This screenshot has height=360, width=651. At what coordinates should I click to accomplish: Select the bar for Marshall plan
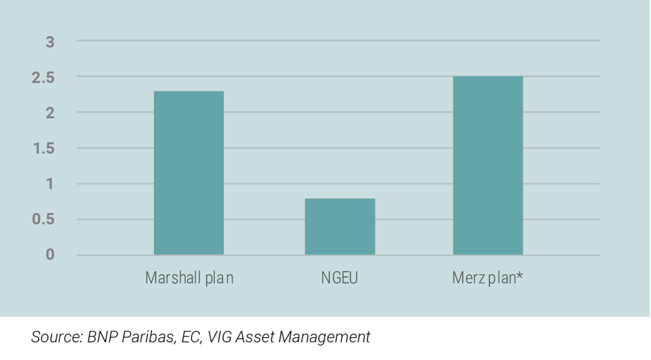pyautogui.click(x=189, y=173)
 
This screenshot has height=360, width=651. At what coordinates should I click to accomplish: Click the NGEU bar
pyautogui.click(x=339, y=226)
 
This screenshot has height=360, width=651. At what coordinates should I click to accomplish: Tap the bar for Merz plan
pyautogui.click(x=488, y=165)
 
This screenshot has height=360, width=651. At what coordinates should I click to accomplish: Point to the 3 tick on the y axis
pyautogui.click(x=50, y=42)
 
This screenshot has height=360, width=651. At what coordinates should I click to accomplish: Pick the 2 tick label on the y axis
pyautogui.click(x=50, y=113)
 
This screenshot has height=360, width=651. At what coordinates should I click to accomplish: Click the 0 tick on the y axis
pyautogui.click(x=50, y=255)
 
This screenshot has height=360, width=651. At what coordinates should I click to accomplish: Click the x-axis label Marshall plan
pyautogui.click(x=189, y=278)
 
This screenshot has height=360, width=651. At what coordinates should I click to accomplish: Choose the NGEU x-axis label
pyautogui.click(x=339, y=278)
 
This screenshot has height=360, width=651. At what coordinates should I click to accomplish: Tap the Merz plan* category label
pyautogui.click(x=488, y=278)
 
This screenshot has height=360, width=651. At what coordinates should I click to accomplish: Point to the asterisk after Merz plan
pyautogui.click(x=520, y=276)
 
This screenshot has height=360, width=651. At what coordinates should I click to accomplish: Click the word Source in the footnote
pyautogui.click(x=55, y=337)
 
